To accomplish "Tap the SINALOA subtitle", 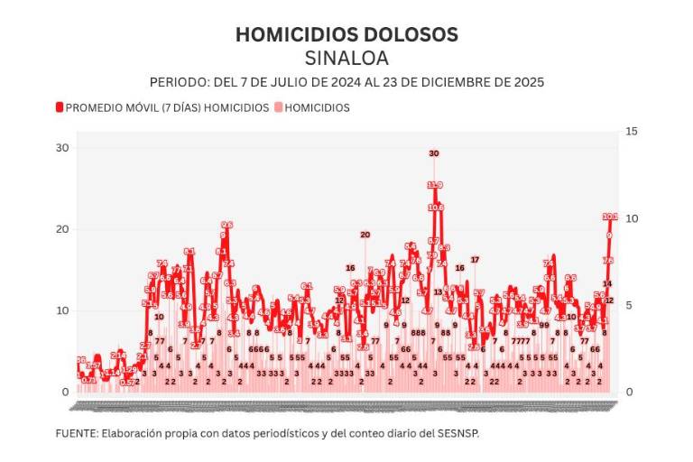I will click(x=346, y=59).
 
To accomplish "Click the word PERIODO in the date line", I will click(x=180, y=82).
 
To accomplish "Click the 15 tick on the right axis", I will click(x=631, y=132).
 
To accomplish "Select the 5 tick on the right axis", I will click(x=628, y=305).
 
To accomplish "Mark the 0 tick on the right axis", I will click(x=628, y=392).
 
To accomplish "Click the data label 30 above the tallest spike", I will click(x=434, y=153).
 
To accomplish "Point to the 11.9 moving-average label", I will click(x=435, y=185).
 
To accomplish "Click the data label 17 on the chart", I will click(x=475, y=260).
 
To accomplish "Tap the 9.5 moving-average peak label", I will click(x=226, y=225).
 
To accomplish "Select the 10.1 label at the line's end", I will click(x=610, y=217).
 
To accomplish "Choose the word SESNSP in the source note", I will click(x=457, y=433).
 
